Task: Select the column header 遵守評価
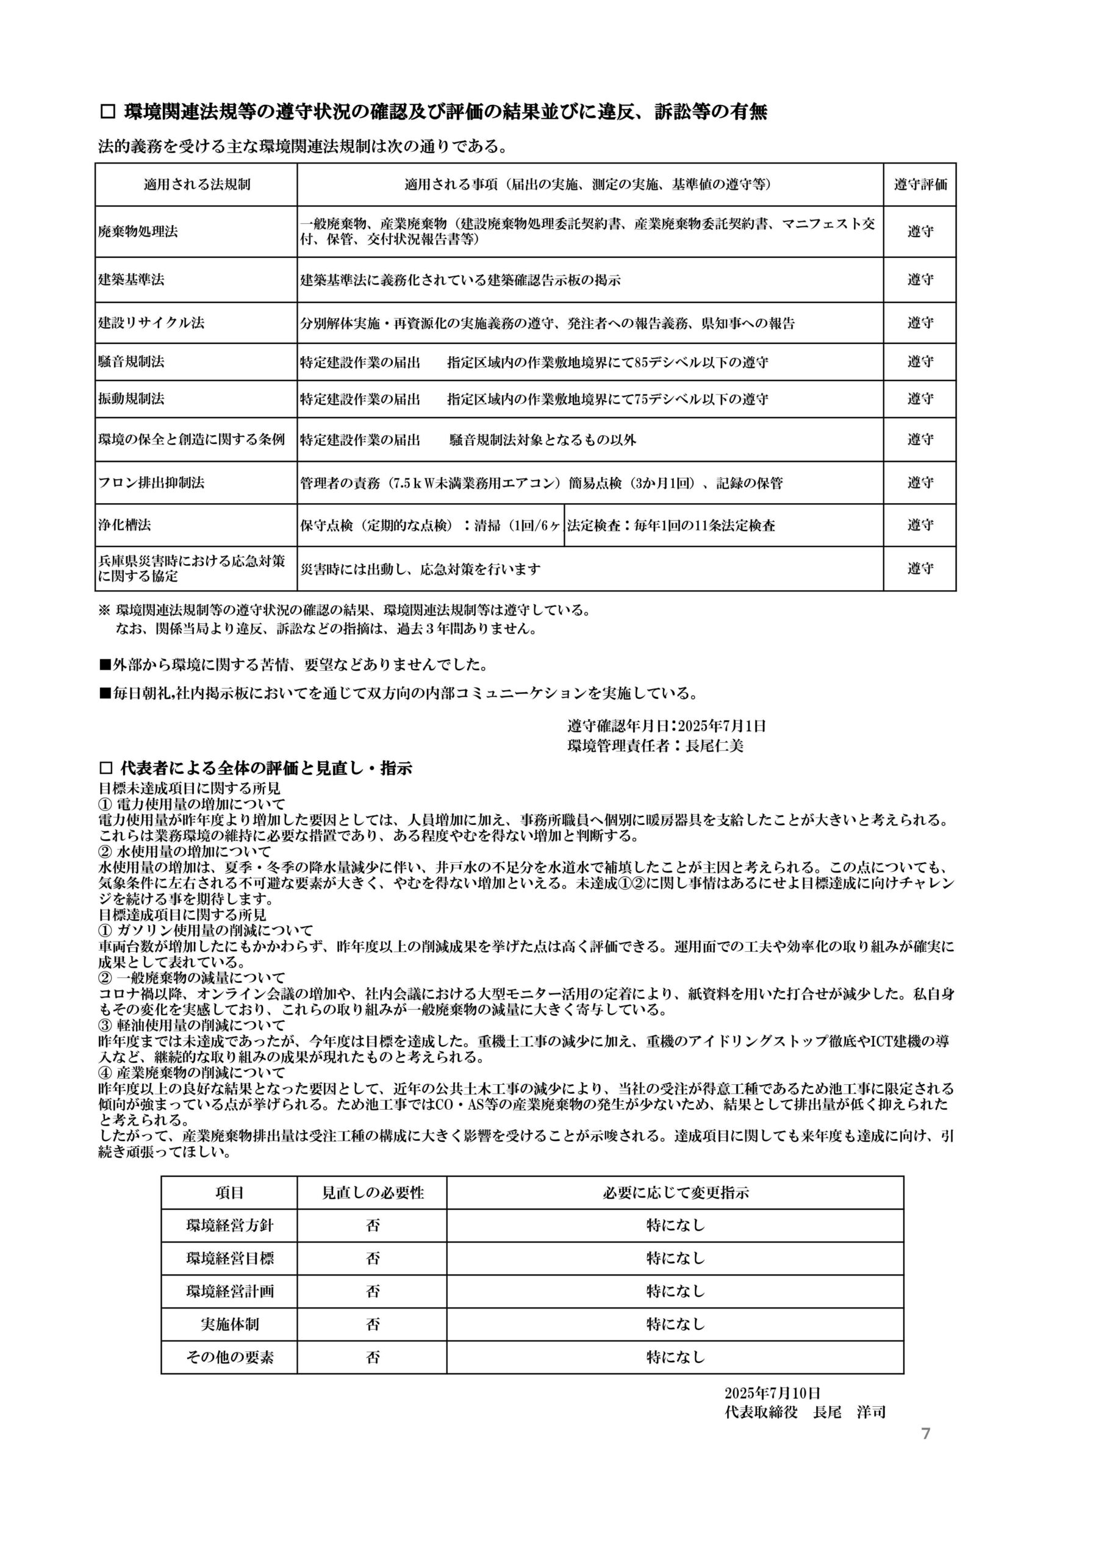coord(920,184)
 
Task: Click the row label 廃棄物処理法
coord(138,232)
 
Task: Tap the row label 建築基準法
coord(131,279)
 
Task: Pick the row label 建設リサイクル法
coord(151,323)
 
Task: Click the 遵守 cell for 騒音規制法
coord(920,362)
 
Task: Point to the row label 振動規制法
coord(131,399)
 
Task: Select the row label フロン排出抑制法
coord(151,483)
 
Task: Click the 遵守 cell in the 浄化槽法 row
coord(920,525)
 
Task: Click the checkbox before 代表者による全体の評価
coord(106,769)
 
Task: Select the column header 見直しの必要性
coord(372,1193)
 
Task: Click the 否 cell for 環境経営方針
coord(372,1226)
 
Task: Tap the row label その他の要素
coord(229,1358)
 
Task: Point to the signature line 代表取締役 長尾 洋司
coord(805,1412)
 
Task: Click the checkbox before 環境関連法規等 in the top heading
coord(107,112)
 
